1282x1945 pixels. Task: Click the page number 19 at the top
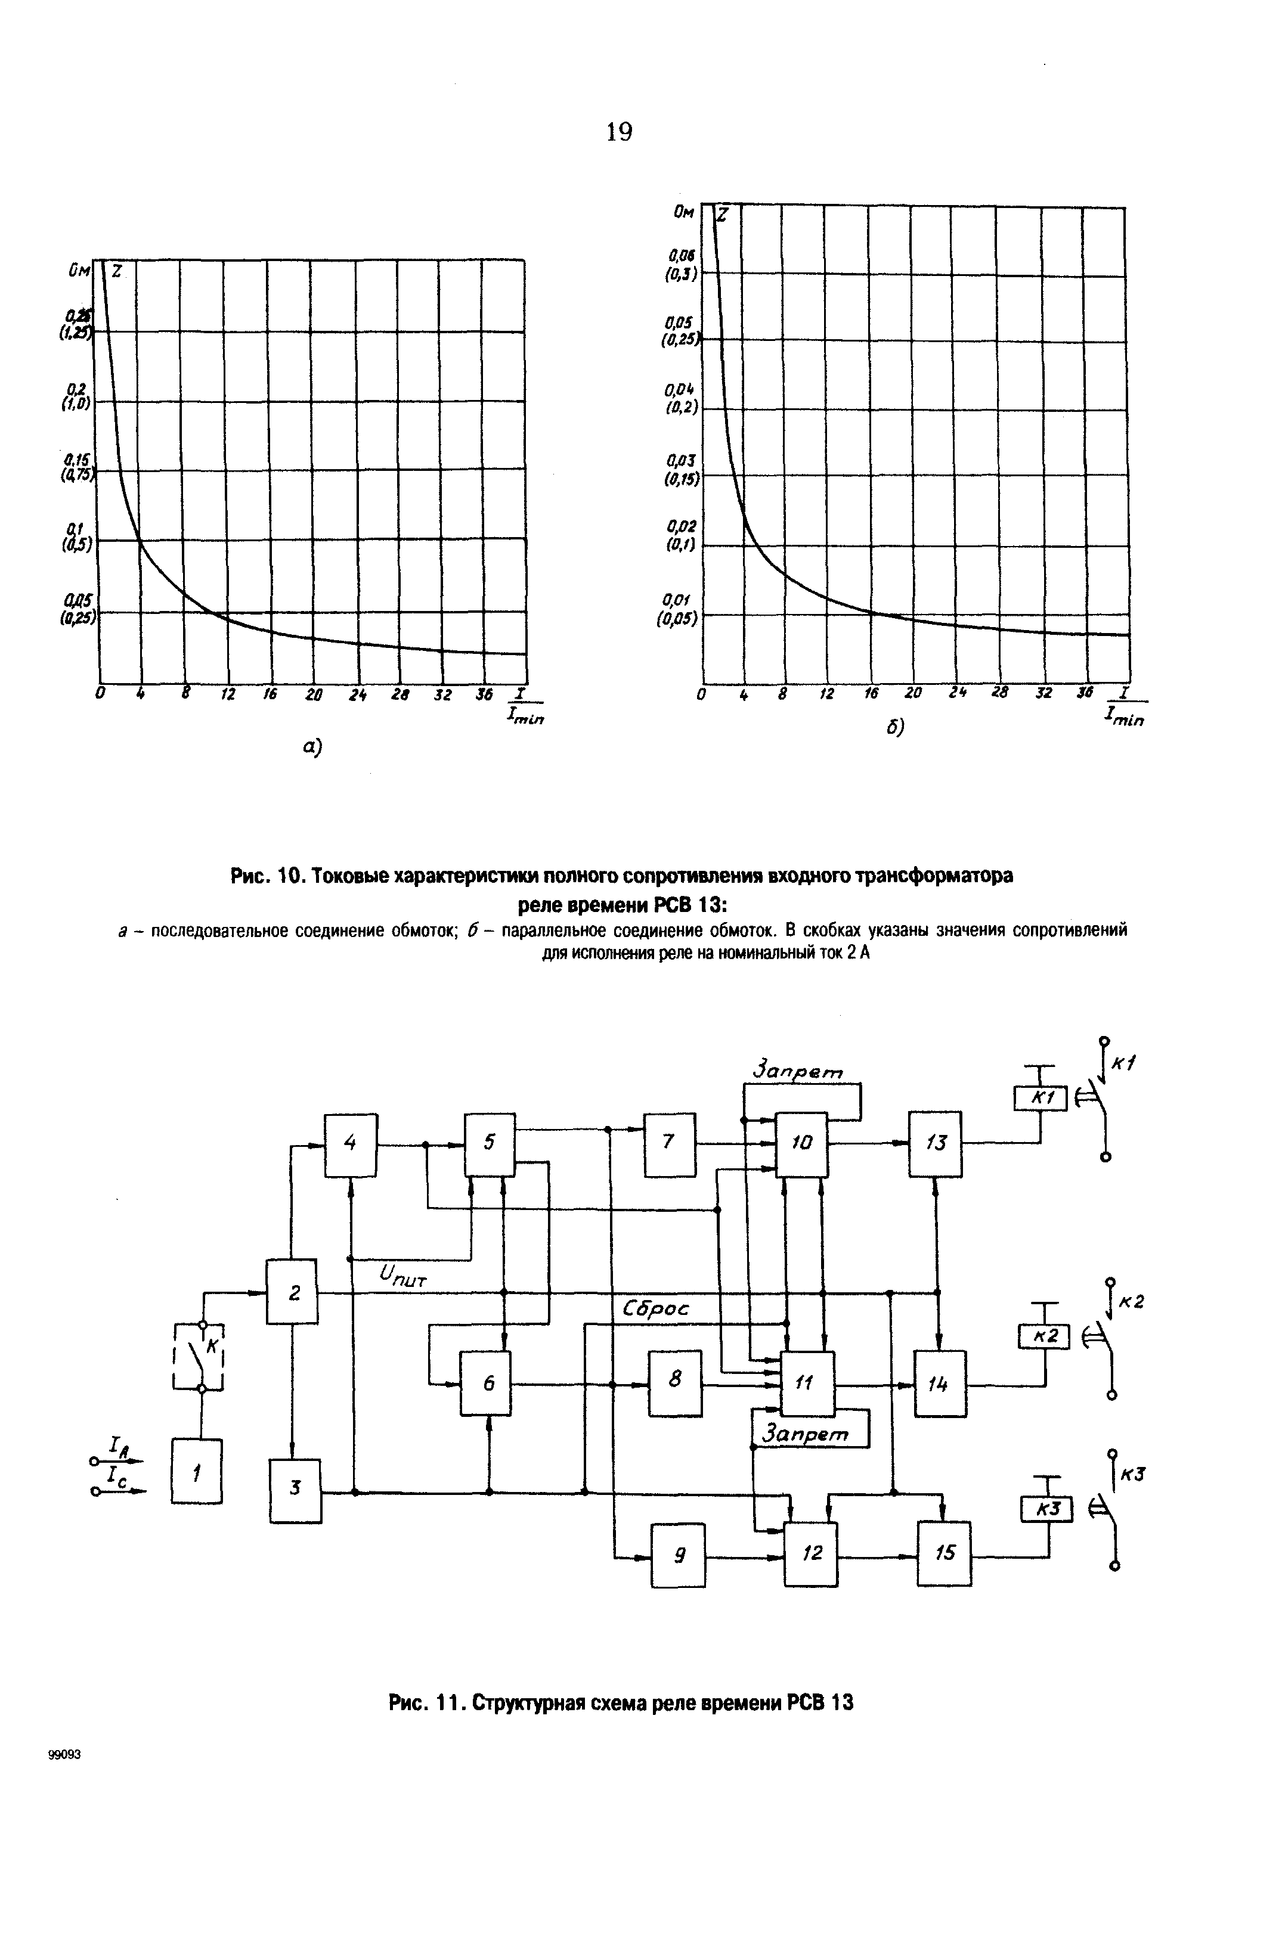tap(619, 132)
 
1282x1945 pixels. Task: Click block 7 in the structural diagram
tap(670, 1144)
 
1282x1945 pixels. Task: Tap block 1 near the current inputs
tap(196, 1471)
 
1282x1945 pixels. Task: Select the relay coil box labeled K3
tap(1046, 1509)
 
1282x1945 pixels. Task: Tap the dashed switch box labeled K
tap(199, 1356)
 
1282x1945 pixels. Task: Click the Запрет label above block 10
tap(797, 1070)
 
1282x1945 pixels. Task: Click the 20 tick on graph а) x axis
tap(313, 694)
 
